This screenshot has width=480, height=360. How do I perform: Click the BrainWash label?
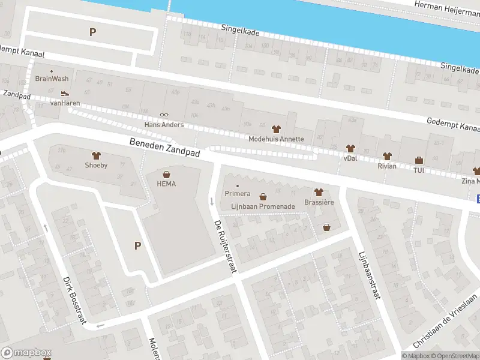pyautogui.click(x=52, y=79)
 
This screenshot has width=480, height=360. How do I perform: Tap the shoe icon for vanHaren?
pyautogui.click(x=65, y=94)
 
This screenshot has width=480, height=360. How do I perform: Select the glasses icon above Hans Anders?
pyautogui.click(x=164, y=115)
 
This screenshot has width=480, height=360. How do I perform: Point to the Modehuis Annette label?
pyautogui.click(x=276, y=139)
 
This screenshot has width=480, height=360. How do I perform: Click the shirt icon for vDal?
pyautogui.click(x=350, y=148)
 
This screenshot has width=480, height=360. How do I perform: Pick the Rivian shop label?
pyautogui.click(x=387, y=166)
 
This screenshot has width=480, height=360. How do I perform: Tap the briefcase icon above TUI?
pyautogui.click(x=419, y=160)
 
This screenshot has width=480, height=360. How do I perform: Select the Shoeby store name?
pyautogui.click(x=96, y=165)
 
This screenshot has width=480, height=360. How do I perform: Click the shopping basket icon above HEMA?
pyautogui.click(x=166, y=175)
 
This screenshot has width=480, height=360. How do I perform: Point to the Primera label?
pyautogui.click(x=237, y=193)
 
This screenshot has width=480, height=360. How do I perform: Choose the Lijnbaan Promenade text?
pyautogui.click(x=263, y=206)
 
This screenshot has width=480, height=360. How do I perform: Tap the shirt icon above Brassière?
pyautogui.click(x=319, y=193)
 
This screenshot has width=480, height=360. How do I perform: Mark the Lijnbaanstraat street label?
pyautogui.click(x=367, y=273)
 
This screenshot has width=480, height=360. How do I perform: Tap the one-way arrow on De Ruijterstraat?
pyautogui.click(x=211, y=200)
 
